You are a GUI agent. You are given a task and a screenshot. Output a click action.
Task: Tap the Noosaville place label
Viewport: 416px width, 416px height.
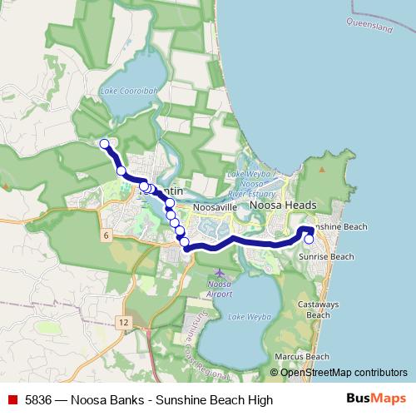tap(215, 206)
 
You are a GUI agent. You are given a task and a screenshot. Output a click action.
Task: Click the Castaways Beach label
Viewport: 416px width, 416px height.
tap(319, 310)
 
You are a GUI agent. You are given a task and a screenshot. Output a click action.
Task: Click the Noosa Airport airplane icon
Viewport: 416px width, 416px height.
tap(219, 273)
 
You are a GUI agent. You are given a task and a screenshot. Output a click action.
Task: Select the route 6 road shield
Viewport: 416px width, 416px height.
tap(106, 236)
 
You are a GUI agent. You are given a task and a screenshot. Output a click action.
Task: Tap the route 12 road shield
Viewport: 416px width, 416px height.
tap(123, 321)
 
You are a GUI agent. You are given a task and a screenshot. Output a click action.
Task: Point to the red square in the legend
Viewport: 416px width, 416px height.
tap(10, 400)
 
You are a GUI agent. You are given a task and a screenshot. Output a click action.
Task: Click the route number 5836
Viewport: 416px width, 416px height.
tap(40, 400)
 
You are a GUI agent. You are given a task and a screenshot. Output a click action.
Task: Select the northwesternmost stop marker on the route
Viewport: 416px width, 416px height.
tap(105, 144)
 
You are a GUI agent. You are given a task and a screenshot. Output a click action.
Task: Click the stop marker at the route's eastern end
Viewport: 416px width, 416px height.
tap(309, 240)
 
